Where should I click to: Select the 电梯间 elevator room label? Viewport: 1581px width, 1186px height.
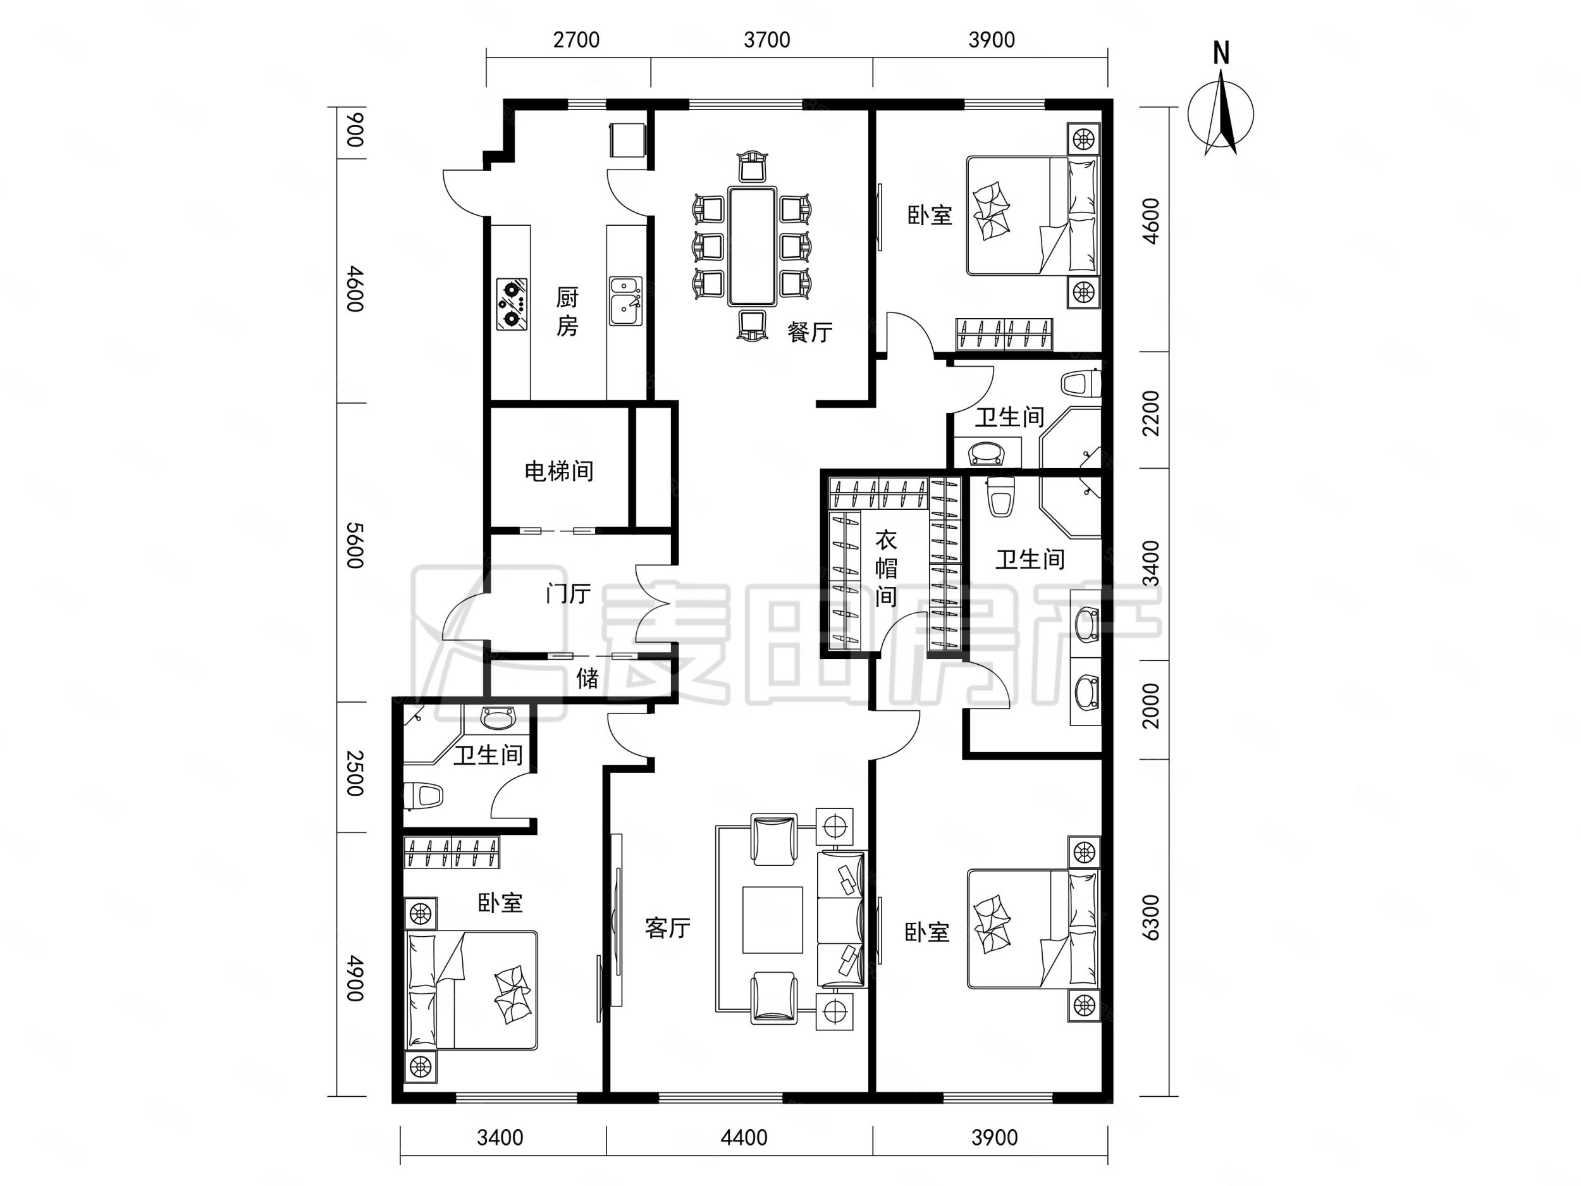coord(559,471)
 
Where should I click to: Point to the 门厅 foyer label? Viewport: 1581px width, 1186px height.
coord(569,593)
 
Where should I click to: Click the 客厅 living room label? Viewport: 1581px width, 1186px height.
coord(668,928)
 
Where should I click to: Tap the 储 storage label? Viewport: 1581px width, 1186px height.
coord(587,677)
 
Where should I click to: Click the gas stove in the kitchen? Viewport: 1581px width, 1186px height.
coord(512,304)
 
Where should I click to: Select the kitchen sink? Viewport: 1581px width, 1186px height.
coord(626,301)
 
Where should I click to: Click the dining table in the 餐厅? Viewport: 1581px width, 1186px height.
coord(752,246)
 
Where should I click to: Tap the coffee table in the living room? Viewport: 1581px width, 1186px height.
coord(772,920)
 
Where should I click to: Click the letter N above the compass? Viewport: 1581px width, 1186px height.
coord(1222,54)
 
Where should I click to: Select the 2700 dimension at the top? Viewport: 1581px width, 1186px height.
coord(576,39)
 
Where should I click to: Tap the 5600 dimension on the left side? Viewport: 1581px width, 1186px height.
coord(355,545)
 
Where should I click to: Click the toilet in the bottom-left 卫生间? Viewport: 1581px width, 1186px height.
coord(424,795)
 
